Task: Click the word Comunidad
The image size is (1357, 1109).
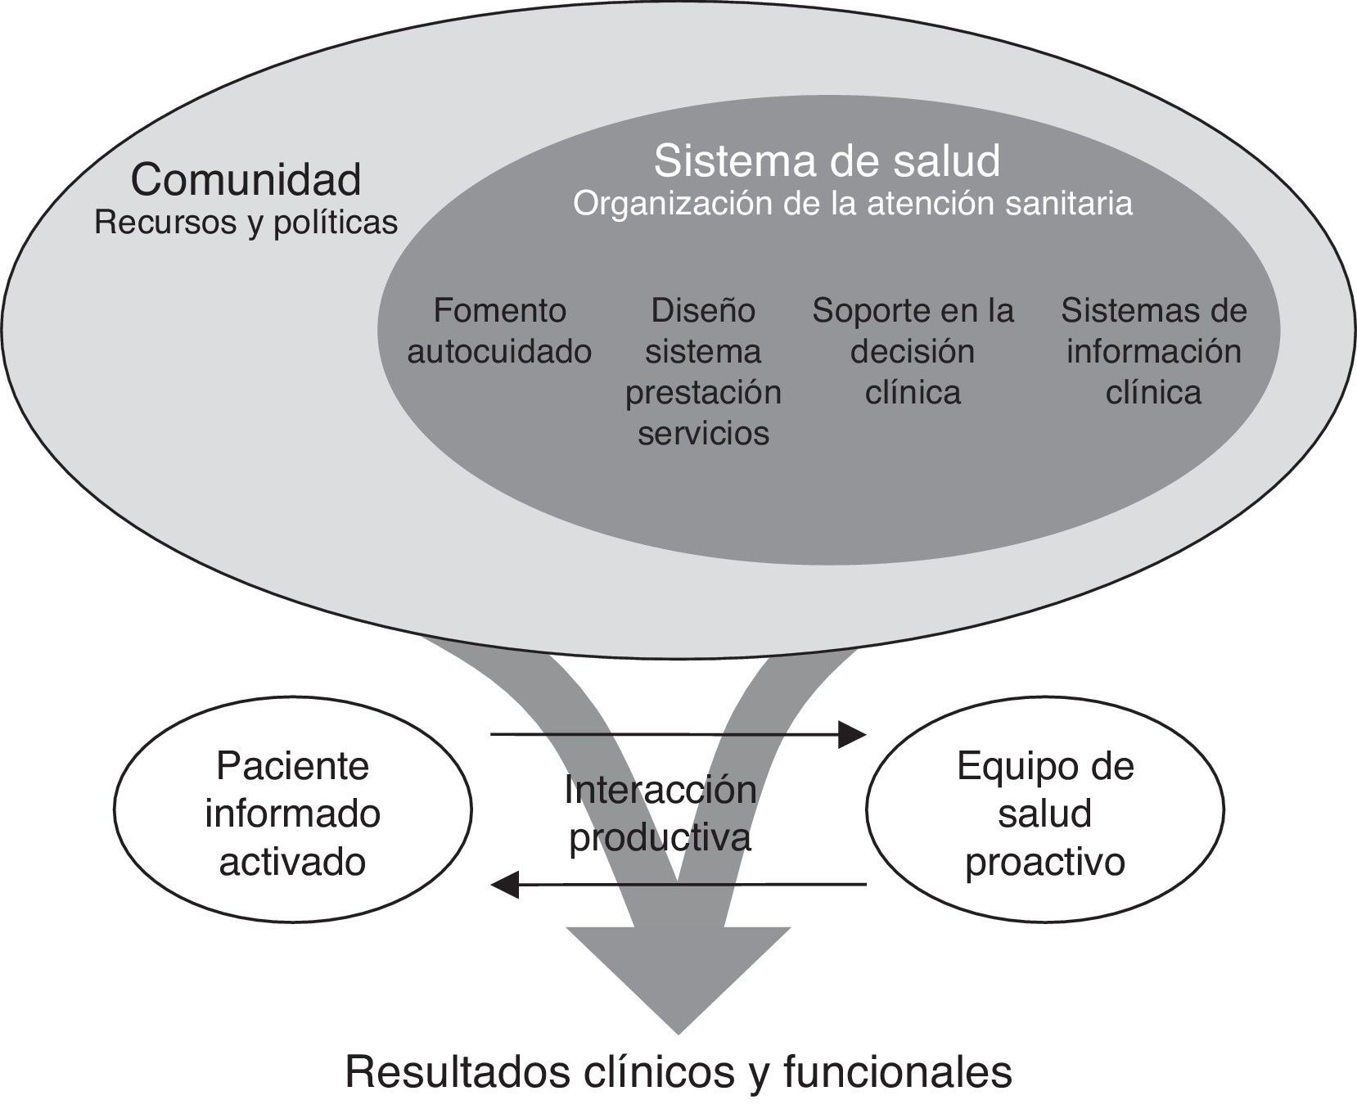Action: point(246,179)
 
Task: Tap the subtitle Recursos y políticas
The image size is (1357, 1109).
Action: point(246,223)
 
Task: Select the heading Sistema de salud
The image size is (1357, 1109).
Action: point(827,160)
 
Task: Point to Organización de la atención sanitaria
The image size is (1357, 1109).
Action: point(852,203)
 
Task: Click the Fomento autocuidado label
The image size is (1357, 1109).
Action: point(499,331)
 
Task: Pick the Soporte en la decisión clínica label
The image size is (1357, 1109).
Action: point(913,351)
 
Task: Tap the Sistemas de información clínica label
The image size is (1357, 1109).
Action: point(1154,351)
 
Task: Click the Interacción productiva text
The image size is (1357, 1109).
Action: point(660,814)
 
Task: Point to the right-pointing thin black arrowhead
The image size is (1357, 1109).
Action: point(854,734)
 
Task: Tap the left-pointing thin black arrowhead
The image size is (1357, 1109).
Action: point(504,884)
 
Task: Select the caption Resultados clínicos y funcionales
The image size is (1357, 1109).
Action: point(678,1072)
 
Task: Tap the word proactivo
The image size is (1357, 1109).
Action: point(1045,862)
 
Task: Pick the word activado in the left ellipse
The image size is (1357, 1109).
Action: point(292,862)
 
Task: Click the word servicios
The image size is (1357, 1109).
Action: point(703,433)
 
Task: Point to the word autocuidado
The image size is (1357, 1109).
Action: point(499,351)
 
